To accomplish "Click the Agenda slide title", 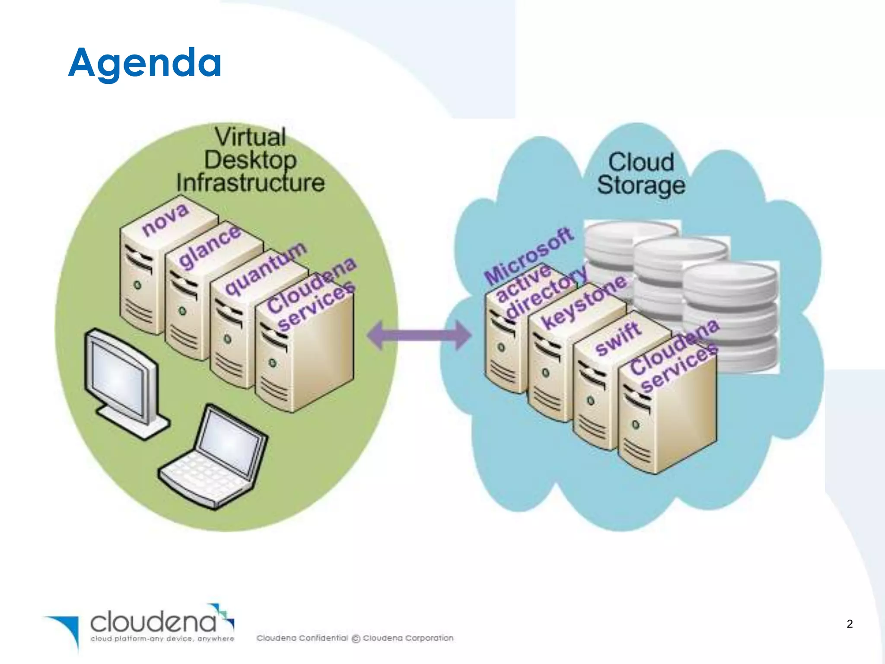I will tap(145, 63).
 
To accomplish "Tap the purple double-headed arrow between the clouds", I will tap(418, 335).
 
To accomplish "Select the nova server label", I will tap(166, 220).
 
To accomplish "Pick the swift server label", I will tap(618, 338).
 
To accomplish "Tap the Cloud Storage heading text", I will tap(641, 174).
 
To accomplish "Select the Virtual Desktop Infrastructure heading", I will tap(251, 160).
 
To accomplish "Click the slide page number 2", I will tap(850, 624).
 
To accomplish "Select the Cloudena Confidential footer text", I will tap(302, 638).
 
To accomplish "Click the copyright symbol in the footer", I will tap(356, 638).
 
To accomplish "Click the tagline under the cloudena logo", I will tap(162, 638).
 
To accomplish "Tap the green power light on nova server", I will tap(137, 285).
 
